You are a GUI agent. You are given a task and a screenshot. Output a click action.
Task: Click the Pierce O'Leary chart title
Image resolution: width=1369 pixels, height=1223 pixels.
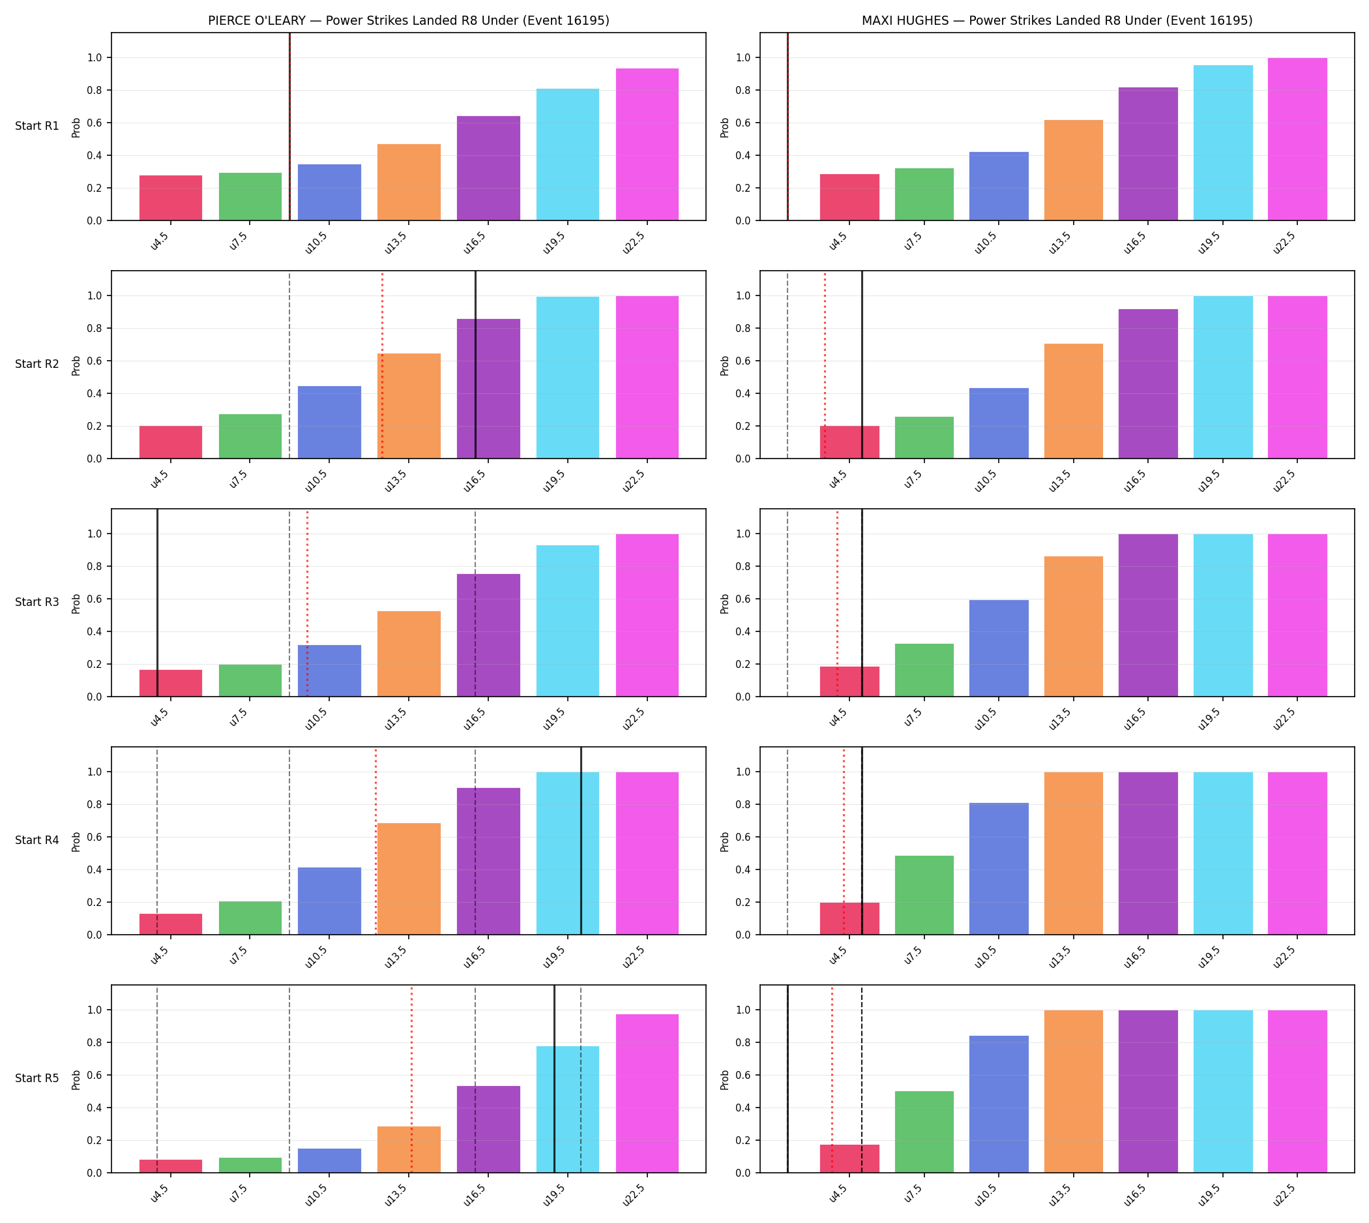408,20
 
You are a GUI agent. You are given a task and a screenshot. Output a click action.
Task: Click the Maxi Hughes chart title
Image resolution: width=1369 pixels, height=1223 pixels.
1057,20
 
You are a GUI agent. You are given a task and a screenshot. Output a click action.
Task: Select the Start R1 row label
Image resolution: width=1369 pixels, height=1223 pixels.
37,126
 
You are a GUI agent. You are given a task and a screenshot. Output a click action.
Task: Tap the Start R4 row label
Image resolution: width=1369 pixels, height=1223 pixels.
37,840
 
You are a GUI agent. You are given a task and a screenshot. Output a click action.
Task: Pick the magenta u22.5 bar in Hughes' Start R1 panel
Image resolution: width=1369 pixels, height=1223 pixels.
1297,139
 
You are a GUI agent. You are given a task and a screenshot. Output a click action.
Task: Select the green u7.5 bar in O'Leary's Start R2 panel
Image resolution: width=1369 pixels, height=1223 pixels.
250,436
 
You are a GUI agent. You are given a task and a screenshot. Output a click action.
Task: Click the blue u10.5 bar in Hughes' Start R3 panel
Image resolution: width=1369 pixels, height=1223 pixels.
998,648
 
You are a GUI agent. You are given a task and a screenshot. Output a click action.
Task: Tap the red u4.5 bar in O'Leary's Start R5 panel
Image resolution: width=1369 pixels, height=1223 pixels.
171,1166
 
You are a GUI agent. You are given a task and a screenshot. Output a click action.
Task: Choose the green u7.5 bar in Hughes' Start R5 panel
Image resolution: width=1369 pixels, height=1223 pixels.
924,1132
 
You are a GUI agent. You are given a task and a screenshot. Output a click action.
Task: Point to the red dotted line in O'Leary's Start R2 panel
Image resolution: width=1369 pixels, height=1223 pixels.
382,365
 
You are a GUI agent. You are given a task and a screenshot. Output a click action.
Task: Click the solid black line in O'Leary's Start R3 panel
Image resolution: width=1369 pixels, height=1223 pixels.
157,603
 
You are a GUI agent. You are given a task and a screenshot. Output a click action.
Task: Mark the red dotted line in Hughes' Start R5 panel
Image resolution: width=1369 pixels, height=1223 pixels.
832,1080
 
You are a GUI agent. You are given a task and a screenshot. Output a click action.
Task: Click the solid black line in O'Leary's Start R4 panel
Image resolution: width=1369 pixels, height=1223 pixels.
581,841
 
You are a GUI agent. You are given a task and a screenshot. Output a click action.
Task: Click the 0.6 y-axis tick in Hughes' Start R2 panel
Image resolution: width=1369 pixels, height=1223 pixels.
743,361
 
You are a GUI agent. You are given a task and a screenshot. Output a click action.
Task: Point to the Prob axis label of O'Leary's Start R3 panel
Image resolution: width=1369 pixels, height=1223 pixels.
76,603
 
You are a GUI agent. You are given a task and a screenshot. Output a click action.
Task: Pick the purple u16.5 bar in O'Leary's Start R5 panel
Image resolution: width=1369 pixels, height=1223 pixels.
488,1129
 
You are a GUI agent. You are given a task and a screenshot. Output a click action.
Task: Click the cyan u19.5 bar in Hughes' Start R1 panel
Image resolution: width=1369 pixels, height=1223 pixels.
1222,142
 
